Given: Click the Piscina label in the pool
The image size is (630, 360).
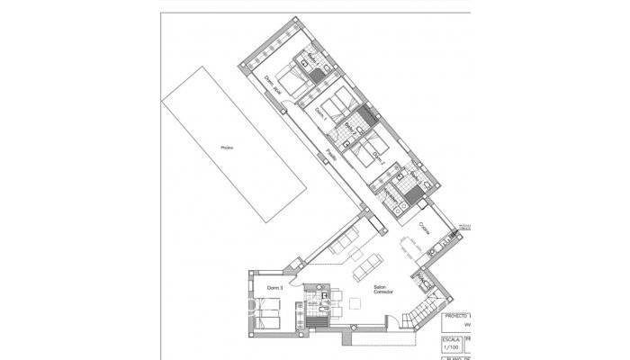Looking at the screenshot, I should pyautogui.click(x=227, y=148).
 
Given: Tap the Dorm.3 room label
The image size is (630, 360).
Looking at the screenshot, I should pyautogui.click(x=276, y=287).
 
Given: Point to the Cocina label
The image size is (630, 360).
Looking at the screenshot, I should pyautogui.click(x=423, y=232).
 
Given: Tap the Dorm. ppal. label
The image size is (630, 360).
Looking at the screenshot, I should pyautogui.click(x=272, y=86).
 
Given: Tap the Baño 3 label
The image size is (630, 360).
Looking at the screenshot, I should pyautogui.click(x=393, y=196).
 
